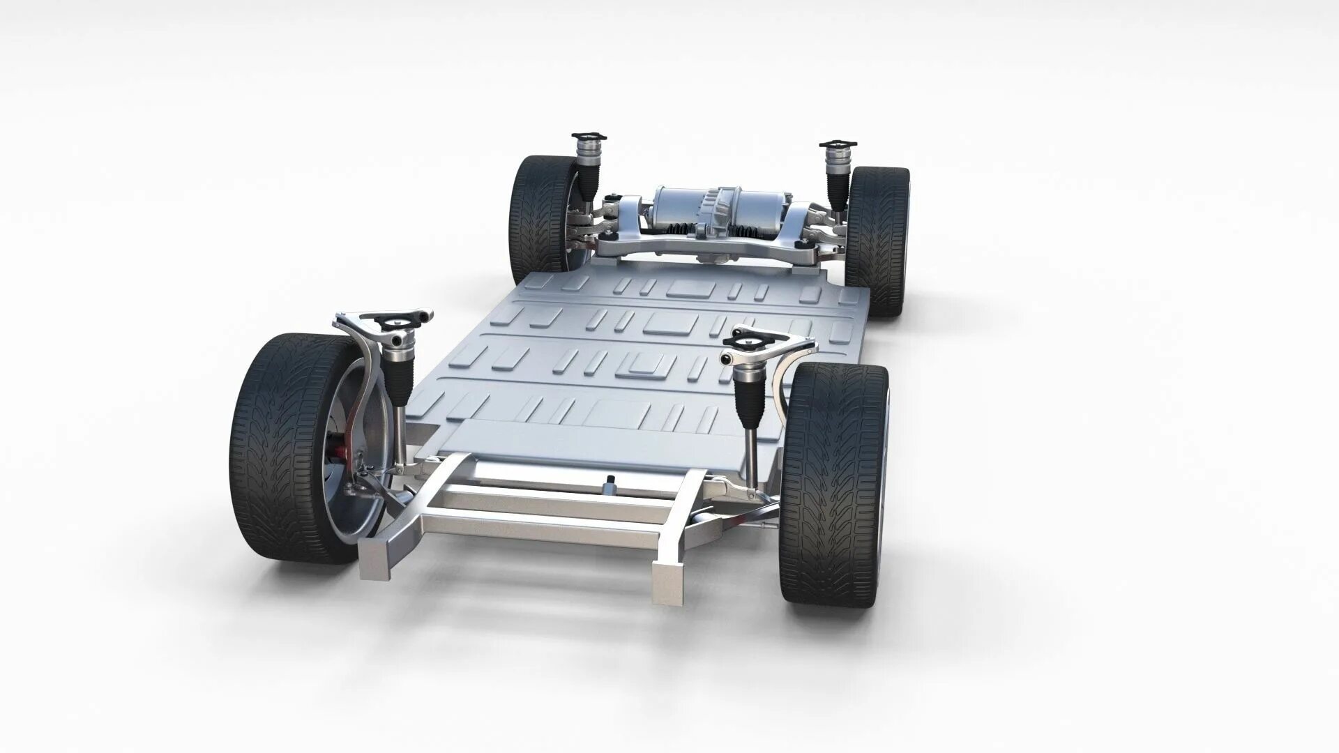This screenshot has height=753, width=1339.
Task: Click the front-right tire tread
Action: click(833, 481)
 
